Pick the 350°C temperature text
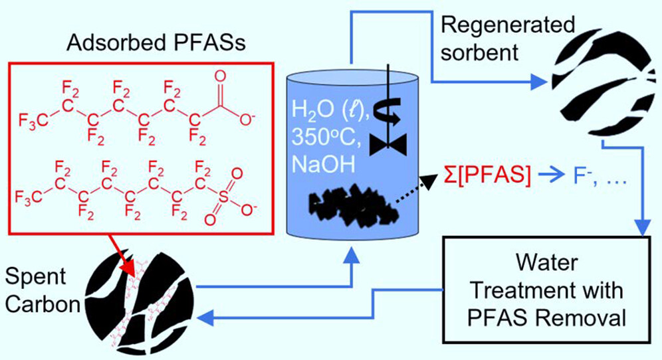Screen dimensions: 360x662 tap(324, 135)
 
